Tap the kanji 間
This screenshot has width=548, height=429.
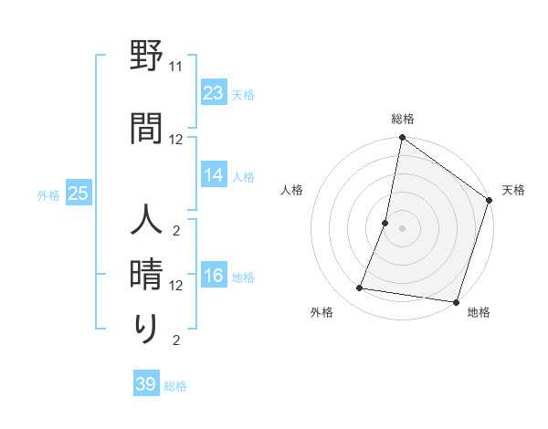tap(146, 128)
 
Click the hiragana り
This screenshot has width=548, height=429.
tap(146, 328)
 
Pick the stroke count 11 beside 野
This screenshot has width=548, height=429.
tap(176, 67)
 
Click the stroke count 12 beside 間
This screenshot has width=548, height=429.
tap(176, 139)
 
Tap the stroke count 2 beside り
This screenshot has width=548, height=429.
tap(176, 340)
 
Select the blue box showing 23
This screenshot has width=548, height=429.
tap(214, 93)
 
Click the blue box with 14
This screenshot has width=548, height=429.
tap(214, 175)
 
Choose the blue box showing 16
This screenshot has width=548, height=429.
tap(214, 277)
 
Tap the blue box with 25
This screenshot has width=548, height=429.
tap(78, 194)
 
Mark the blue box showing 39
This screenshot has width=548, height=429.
tap(146, 384)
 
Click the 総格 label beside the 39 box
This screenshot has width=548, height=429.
tap(175, 386)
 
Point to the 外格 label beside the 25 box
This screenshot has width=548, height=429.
tap(48, 194)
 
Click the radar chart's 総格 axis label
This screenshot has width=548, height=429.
tap(402, 119)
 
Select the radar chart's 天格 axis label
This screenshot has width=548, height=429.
tap(513, 190)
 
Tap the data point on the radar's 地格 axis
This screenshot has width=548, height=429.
tap(456, 301)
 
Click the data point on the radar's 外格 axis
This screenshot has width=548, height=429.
tap(360, 288)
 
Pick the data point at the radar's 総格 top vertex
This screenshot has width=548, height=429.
tap(402, 138)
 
